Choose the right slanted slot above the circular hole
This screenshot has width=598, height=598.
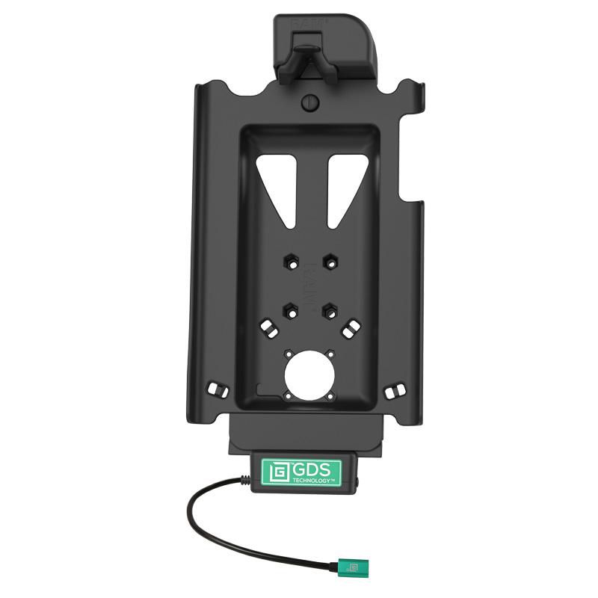pos(351,327)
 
